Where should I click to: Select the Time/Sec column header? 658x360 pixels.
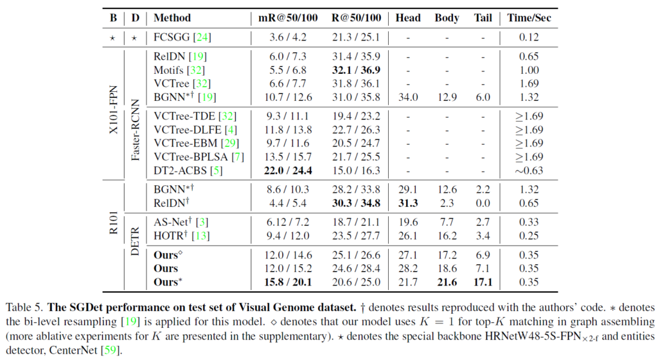point(529,18)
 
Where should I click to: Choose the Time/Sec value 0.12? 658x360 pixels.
point(529,37)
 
